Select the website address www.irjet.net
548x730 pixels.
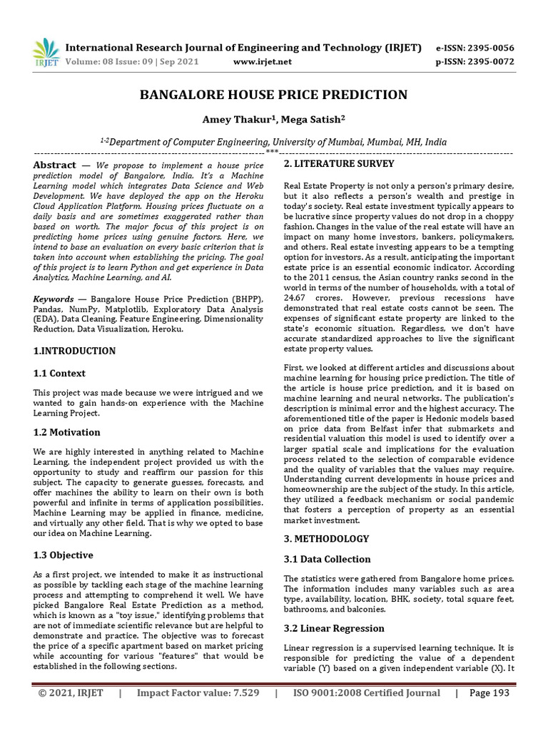(x=263, y=62)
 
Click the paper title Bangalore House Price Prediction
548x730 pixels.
(x=273, y=95)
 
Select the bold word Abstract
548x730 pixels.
(x=54, y=165)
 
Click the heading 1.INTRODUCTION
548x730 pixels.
(x=75, y=351)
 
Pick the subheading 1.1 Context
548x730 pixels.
(x=60, y=373)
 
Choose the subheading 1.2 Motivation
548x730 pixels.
(x=67, y=432)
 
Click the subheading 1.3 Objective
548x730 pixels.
(x=64, y=555)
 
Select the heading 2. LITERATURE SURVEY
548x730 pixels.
(x=339, y=164)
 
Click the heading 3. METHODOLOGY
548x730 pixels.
(x=326, y=538)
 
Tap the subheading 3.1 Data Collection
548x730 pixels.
(x=327, y=560)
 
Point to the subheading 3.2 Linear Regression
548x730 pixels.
(x=334, y=628)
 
